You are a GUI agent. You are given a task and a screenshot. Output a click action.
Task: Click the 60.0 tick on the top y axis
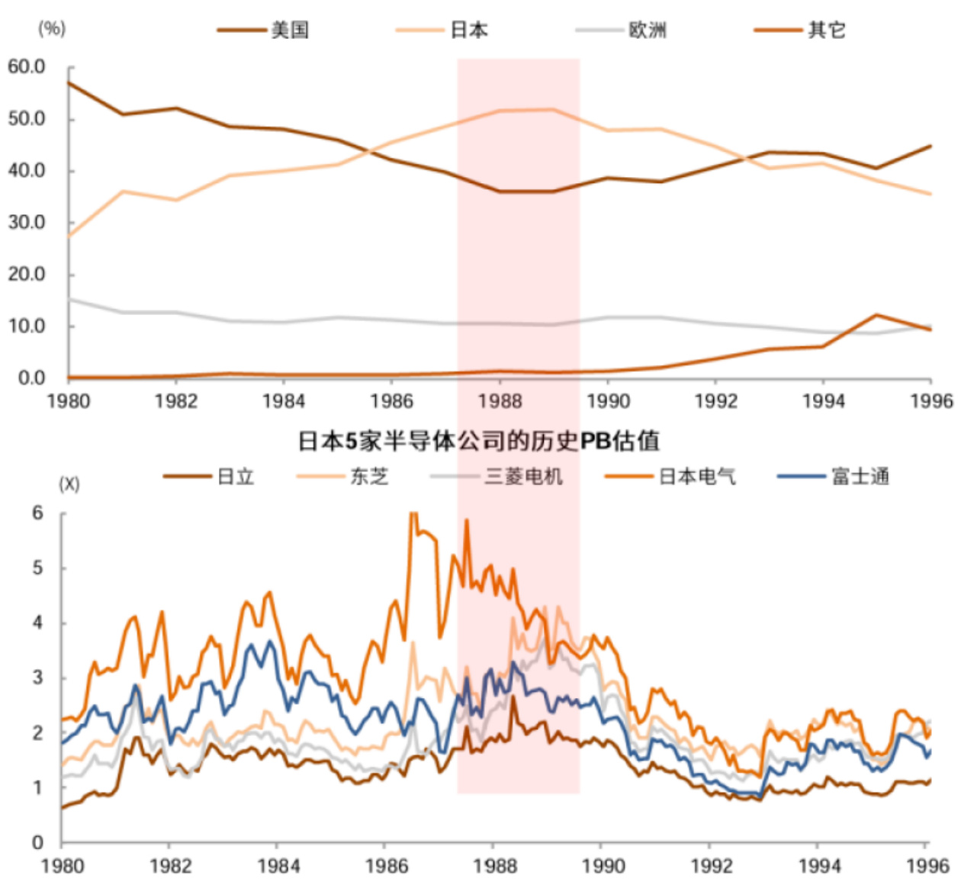[27, 67]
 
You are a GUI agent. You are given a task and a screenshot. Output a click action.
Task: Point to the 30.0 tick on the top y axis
[27, 223]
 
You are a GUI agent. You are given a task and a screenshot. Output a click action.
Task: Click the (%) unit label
[52, 28]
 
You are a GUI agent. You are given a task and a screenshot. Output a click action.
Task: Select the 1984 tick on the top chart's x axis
[283, 401]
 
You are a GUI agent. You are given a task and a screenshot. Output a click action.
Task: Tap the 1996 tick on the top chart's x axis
[930, 401]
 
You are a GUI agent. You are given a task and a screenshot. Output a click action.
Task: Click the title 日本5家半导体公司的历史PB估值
[478, 441]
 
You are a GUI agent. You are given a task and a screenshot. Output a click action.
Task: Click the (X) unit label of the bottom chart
[69, 484]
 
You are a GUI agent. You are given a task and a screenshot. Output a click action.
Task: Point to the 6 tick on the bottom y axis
[37, 513]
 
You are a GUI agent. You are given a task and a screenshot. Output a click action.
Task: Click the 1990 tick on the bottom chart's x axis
[603, 866]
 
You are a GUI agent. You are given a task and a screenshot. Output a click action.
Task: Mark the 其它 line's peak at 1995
[876, 315]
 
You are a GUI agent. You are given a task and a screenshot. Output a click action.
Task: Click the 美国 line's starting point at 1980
[69, 82]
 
